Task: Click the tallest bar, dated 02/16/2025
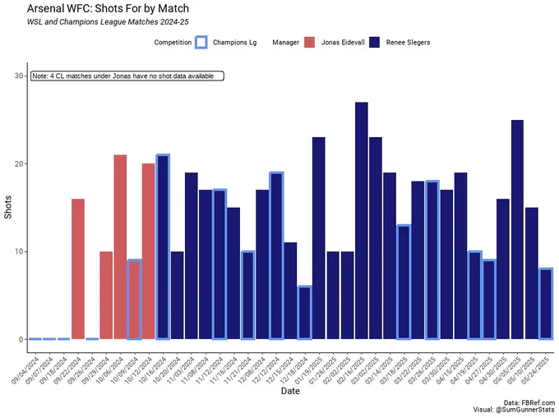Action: (x=361, y=221)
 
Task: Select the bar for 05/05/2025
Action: (x=517, y=230)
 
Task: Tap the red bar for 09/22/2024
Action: (x=78, y=269)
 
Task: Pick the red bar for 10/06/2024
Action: (x=121, y=247)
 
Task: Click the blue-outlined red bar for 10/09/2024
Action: (x=134, y=300)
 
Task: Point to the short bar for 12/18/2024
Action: (x=304, y=313)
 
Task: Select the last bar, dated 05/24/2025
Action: (x=546, y=304)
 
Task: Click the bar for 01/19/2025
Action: (x=319, y=238)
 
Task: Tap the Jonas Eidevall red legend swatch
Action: (x=309, y=43)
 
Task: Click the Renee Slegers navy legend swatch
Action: (x=375, y=43)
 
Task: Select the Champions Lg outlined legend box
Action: (x=201, y=43)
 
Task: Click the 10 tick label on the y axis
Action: (x=19, y=252)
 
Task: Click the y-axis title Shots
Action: (x=8, y=207)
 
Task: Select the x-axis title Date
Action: (x=290, y=391)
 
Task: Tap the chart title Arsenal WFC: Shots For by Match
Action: (x=108, y=8)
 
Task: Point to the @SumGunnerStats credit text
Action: (x=524, y=410)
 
